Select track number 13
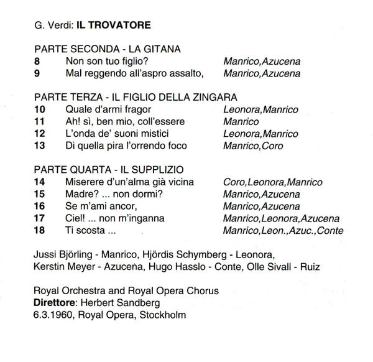point(40,146)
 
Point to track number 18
point(40,231)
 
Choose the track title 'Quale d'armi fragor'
point(109,109)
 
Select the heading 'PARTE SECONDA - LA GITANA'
point(107,50)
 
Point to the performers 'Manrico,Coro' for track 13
point(252,146)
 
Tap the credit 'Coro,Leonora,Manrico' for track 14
point(272,182)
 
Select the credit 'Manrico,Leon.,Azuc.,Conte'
point(283,231)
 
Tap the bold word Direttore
point(57,302)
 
